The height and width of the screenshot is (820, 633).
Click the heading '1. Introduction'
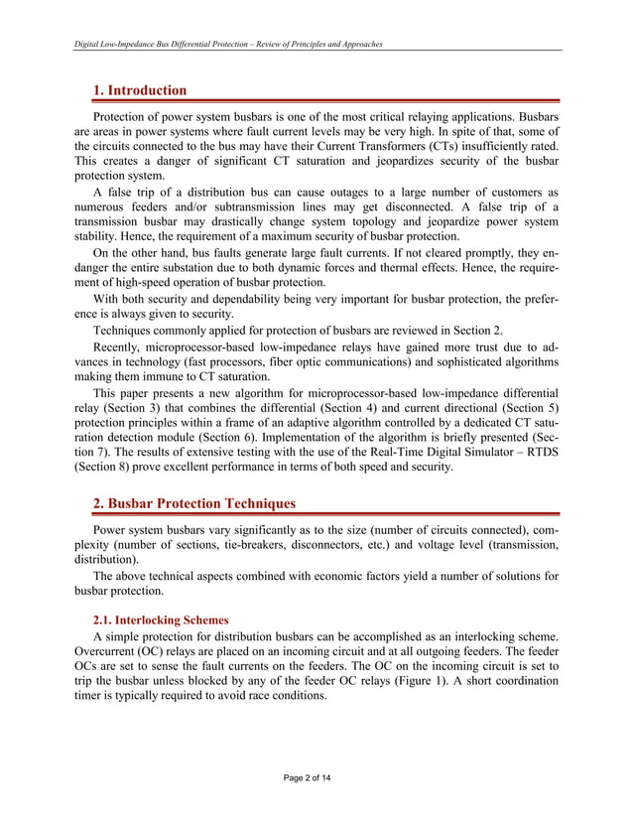pyautogui.click(x=139, y=90)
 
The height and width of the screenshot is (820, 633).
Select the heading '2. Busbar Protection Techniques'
pyautogui.click(x=193, y=504)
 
